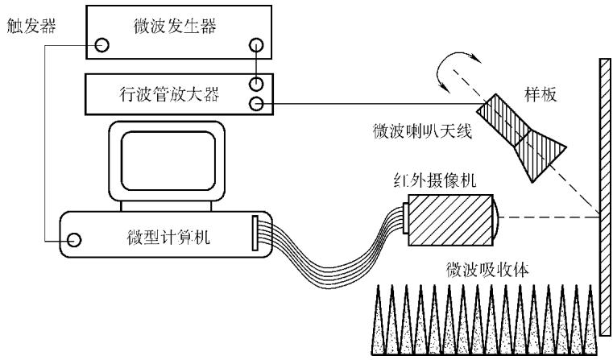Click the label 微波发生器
pos(175,27)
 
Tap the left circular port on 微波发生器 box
pos(102,45)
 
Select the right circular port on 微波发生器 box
pos(256,45)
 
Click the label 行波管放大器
pos(169,94)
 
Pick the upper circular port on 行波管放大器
pos(256,84)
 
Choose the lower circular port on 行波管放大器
pos(256,104)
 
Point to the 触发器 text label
pos(31,26)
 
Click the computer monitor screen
pos(168,160)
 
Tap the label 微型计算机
pos(168,238)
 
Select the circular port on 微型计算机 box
pos(74,240)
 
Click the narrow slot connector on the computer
pos(255,233)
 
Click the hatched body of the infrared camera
pos(450,220)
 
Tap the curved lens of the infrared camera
pos(495,220)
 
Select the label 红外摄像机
pos(435,181)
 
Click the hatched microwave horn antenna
pos(521,137)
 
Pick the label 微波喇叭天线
pos(422,131)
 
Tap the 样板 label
pos(541,94)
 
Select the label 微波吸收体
pos(487,269)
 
